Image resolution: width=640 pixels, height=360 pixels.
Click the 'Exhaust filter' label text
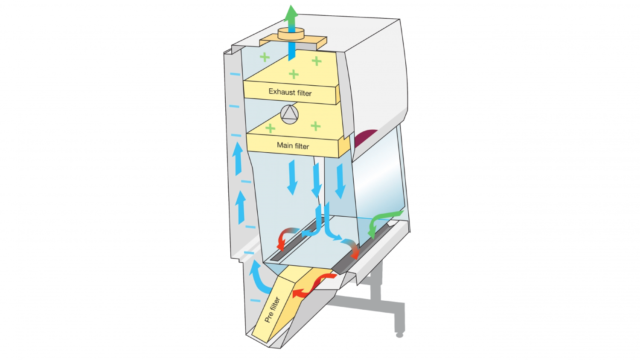290,92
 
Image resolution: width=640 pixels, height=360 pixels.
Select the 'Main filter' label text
293,146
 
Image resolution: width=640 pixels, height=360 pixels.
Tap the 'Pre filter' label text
272,310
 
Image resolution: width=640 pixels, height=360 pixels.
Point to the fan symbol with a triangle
289,115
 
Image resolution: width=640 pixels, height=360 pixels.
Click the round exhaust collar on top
291,34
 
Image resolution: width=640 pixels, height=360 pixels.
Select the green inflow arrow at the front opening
382,221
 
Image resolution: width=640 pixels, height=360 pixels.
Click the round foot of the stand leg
399,335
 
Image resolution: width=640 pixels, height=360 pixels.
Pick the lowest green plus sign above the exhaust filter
294,75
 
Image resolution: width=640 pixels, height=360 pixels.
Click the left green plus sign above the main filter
270,128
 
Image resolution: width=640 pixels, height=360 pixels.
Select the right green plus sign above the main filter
315,126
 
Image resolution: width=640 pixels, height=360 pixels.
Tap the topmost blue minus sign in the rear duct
235,74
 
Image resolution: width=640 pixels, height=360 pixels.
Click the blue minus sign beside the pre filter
255,300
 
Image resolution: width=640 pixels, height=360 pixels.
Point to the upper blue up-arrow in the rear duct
237,159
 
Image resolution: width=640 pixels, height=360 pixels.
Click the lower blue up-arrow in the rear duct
241,207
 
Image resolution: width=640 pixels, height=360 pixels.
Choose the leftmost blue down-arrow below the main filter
292,177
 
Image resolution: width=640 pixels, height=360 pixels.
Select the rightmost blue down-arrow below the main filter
340,181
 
